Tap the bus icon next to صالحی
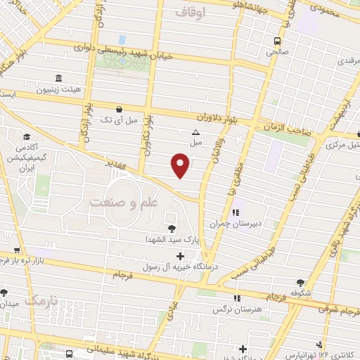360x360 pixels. click(x=278, y=41)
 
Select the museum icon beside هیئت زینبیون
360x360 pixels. click(x=57, y=78)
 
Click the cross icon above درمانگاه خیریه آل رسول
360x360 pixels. click(x=181, y=255)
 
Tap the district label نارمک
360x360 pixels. click(x=39, y=300)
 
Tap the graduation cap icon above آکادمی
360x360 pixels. click(x=27, y=137)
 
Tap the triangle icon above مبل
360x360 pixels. click(x=195, y=131)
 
